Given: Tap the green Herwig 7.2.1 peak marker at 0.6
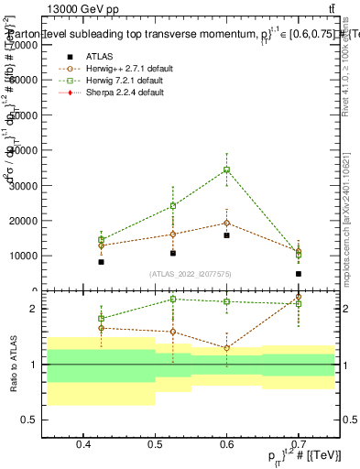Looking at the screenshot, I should pos(227,169).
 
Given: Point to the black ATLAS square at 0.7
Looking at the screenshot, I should pos(299,274).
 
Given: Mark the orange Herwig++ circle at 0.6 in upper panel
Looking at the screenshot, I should pos(227,223).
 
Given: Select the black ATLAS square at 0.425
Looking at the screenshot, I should pos(102,262).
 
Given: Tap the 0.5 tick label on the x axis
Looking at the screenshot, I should pos(155,444).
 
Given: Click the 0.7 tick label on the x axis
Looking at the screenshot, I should pos(299,444).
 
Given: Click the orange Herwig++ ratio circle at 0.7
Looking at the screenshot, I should pos(299,298).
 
